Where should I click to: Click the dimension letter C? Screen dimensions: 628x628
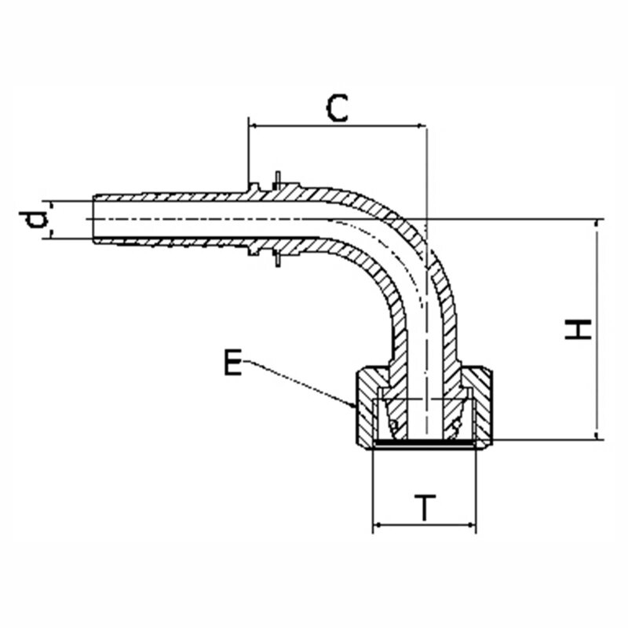tap(338, 108)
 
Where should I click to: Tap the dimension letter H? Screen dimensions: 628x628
tap(578, 329)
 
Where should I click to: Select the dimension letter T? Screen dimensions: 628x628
tap(425, 507)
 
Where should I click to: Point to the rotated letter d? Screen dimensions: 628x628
tap(33, 220)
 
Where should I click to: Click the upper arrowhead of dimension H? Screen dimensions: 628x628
tap(597, 225)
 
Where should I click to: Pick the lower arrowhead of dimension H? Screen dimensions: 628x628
tap(597, 435)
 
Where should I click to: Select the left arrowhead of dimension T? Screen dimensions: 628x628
tap(378, 525)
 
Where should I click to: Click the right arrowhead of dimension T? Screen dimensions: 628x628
tap(471, 525)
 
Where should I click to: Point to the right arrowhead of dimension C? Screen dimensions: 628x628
tap(422, 126)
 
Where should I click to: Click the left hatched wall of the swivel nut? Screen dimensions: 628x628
tap(365, 407)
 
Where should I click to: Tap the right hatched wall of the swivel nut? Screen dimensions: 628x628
tap(483, 407)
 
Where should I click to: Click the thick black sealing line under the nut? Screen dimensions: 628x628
tap(425, 443)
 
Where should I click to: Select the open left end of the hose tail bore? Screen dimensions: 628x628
tap(94, 220)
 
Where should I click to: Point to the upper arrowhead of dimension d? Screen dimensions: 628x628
tap(51, 205)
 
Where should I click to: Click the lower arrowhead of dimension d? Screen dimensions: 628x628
tap(51, 234)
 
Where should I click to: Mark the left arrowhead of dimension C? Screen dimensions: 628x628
tap(254, 126)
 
